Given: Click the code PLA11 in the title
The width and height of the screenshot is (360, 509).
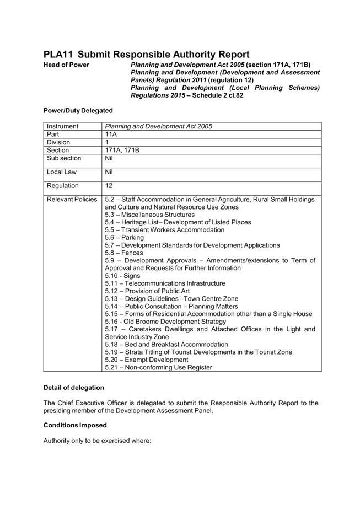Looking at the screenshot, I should (x=58, y=55).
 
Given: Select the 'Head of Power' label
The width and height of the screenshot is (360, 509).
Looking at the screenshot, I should (x=66, y=65).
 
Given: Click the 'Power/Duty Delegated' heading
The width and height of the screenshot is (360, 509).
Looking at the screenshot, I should (x=78, y=111).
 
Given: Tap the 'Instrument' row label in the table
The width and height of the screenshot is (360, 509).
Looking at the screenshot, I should (x=63, y=126).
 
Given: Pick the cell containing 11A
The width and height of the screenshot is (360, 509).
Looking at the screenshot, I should (x=111, y=134).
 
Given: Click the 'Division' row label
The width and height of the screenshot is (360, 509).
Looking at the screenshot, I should (x=58, y=142).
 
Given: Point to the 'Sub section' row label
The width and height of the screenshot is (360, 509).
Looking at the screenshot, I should (x=64, y=158).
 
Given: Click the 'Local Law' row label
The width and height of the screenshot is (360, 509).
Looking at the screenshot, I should (x=62, y=172).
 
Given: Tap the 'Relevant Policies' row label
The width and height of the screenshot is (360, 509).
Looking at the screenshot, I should (x=72, y=199).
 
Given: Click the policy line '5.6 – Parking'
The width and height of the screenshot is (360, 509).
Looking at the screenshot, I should (x=124, y=238).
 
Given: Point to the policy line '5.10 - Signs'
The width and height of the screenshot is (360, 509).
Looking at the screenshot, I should (x=122, y=276).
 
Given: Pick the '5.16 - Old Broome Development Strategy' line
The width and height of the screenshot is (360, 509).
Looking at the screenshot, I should (x=165, y=322).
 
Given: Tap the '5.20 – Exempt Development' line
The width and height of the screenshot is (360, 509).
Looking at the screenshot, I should (x=146, y=360).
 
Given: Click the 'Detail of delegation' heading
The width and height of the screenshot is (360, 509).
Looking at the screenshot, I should (x=73, y=388).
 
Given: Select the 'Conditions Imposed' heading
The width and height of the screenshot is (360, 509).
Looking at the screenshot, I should (x=75, y=425).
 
